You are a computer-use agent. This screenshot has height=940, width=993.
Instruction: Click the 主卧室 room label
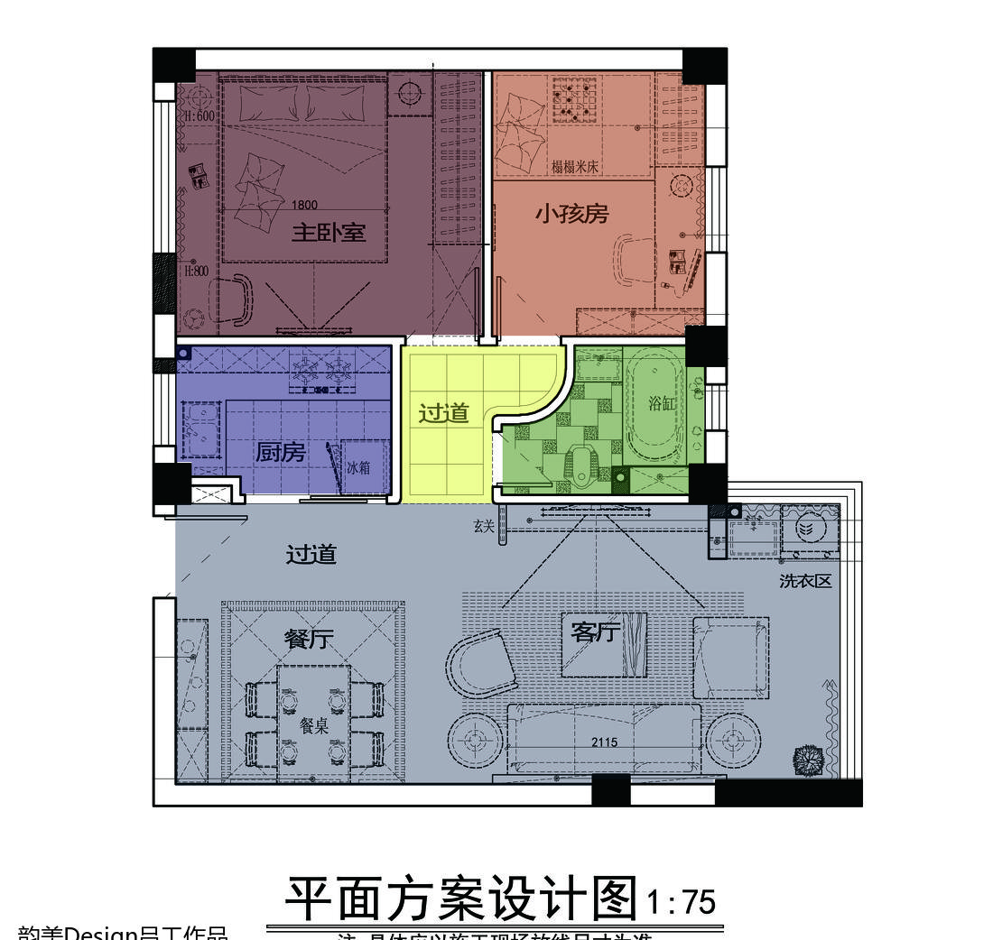[328, 233]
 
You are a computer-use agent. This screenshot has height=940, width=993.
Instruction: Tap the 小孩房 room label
[571, 214]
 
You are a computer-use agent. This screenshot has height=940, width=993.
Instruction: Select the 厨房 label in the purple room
[280, 452]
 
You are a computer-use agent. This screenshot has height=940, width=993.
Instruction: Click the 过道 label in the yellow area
[444, 413]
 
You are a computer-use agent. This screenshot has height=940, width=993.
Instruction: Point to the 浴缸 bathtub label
[662, 403]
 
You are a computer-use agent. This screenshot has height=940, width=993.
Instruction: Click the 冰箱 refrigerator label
[358, 468]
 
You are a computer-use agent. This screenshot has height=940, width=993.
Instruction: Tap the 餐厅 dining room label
[309, 640]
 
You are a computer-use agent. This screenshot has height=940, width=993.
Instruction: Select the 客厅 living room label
[593, 633]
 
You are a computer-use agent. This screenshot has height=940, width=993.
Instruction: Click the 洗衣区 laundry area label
[805, 582]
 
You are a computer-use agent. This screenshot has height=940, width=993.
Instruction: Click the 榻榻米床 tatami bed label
[574, 168]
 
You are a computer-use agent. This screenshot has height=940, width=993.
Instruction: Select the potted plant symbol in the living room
[808, 760]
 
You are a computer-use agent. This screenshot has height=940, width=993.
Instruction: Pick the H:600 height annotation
[200, 116]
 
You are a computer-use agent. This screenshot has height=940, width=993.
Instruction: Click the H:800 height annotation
[197, 270]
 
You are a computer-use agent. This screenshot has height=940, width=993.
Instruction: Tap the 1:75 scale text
[682, 902]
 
